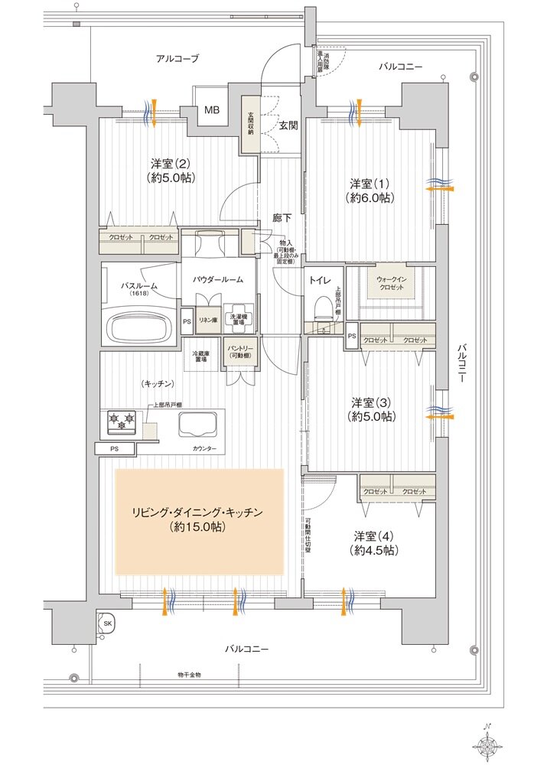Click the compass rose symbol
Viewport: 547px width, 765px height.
pyautogui.click(x=489, y=742)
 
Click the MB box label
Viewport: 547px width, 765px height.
pyautogui.click(x=211, y=110)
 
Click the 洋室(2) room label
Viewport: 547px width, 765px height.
pyautogui.click(x=171, y=170)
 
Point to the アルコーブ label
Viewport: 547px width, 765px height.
pyautogui.click(x=177, y=59)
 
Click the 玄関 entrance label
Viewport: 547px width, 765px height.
pyautogui.click(x=288, y=125)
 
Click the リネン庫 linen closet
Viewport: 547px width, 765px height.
pyautogui.click(x=207, y=321)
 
